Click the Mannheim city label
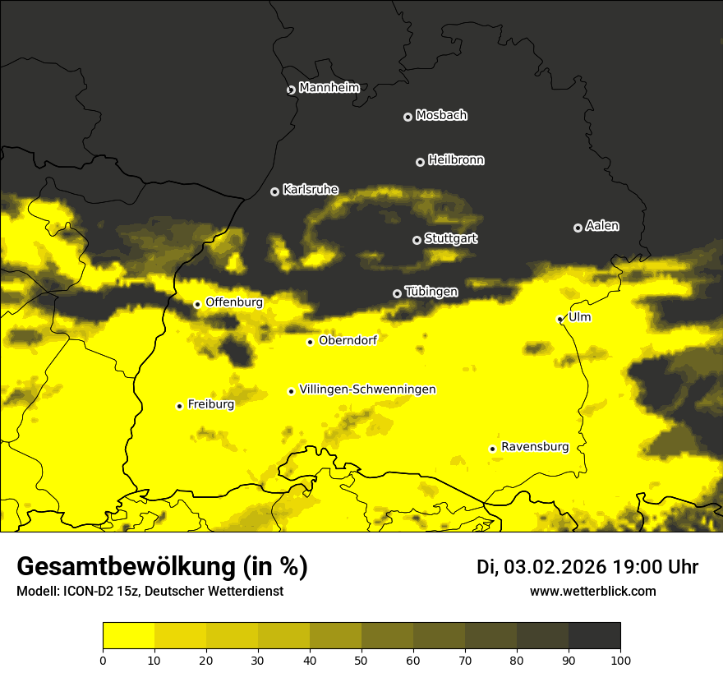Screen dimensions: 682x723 [x=329, y=88]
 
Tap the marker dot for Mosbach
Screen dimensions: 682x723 [x=408, y=117]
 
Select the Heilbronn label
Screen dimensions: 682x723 [x=456, y=160]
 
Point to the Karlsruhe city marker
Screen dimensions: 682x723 [x=275, y=191]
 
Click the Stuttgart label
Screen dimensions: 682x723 [x=451, y=238]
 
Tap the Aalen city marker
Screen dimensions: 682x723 [x=578, y=228]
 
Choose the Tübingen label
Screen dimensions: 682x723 [x=431, y=292]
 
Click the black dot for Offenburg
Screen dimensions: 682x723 [x=197, y=304]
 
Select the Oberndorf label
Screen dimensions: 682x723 [x=348, y=340]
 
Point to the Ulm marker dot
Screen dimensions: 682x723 [x=560, y=319]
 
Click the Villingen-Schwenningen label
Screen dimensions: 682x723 [x=367, y=389]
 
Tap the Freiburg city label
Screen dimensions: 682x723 [x=210, y=404]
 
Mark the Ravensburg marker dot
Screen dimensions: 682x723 [x=492, y=449]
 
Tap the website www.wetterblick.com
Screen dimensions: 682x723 [x=592, y=592]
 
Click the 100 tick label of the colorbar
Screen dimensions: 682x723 [x=620, y=659]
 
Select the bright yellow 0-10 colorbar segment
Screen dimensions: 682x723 [x=128, y=636]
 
